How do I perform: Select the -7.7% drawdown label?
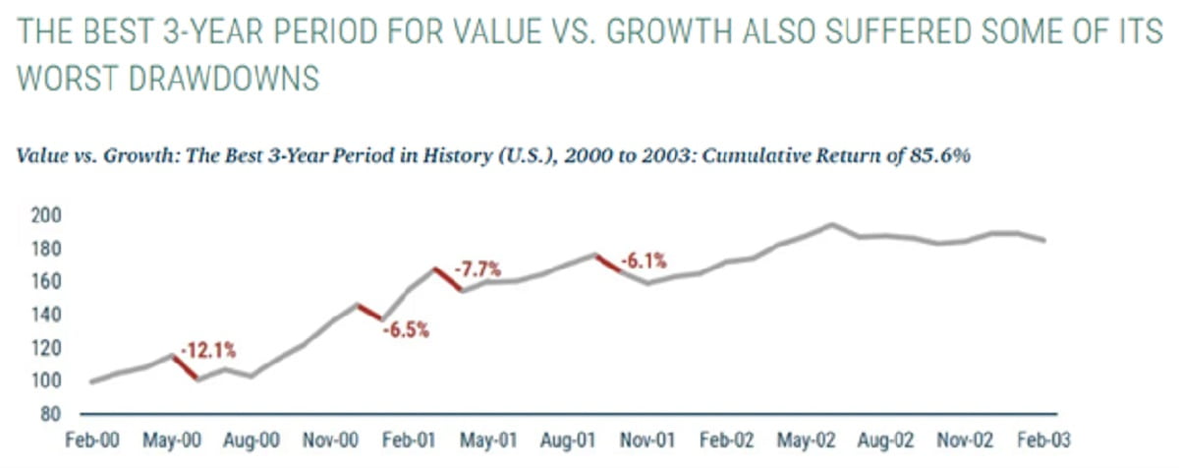478,267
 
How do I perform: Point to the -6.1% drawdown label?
645,261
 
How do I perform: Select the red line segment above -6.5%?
370,312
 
